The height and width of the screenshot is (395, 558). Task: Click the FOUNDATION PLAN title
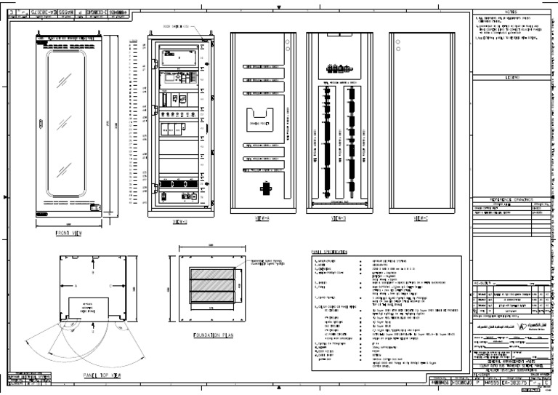(208, 337)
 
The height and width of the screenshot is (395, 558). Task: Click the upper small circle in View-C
(398, 41)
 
